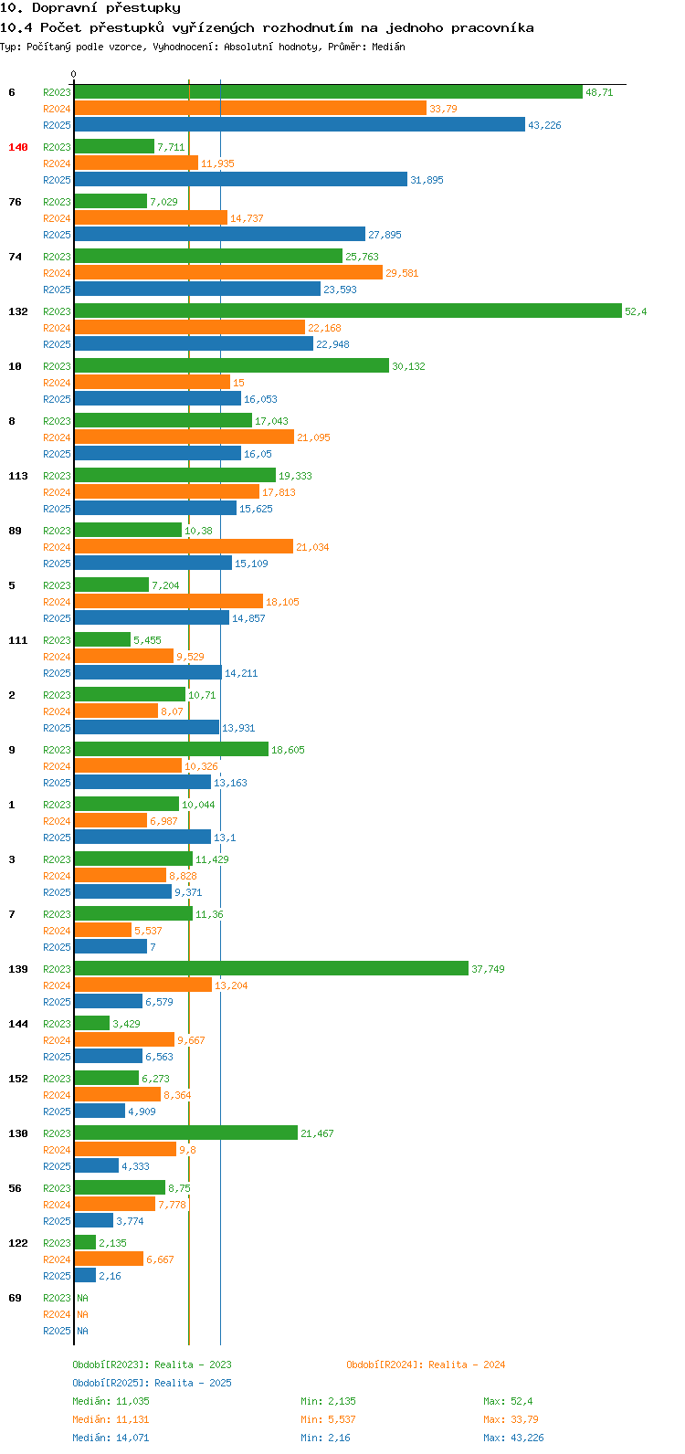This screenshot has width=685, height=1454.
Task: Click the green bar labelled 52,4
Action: click(x=347, y=311)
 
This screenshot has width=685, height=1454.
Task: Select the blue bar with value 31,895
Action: click(x=240, y=180)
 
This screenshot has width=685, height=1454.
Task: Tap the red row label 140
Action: click(x=18, y=147)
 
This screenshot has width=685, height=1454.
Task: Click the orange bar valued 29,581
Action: click(x=228, y=273)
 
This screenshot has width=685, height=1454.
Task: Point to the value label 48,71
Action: click(x=599, y=92)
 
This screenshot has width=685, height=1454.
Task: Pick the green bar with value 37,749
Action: click(x=270, y=969)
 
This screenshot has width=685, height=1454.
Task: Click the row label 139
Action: click(x=18, y=969)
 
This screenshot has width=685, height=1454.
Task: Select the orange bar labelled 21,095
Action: click(x=184, y=437)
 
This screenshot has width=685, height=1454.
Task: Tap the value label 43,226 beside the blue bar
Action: click(x=544, y=125)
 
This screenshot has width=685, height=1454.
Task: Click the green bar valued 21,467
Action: click(x=185, y=1133)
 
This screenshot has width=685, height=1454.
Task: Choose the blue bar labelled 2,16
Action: click(x=85, y=1276)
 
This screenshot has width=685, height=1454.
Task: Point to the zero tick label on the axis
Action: click(x=74, y=75)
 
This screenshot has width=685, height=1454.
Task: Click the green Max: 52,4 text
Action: click(x=508, y=1401)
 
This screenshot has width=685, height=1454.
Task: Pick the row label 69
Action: click(x=16, y=1298)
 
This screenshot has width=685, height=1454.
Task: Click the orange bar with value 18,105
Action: click(x=168, y=602)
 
